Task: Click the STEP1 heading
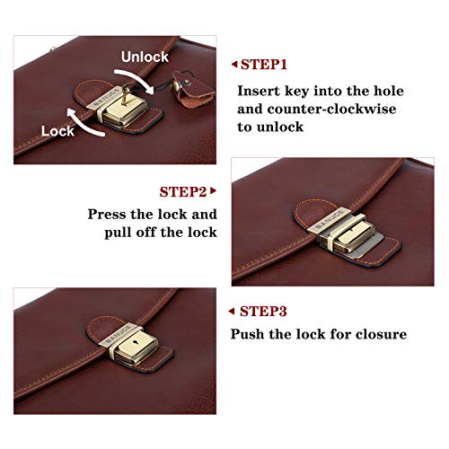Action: pos(264,65)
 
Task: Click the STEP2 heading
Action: pos(183,192)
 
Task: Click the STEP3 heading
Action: pos(263,312)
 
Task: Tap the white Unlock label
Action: pos(145,57)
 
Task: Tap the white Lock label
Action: pos(57,131)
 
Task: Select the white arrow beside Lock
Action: pos(84,123)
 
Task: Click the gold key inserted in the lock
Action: pos(125,96)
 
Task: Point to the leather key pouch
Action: pos(191,87)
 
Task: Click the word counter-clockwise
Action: pos(331,109)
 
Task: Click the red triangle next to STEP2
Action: pos(213,190)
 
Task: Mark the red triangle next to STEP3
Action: pos(231,312)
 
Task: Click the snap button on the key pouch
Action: pos(187,82)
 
